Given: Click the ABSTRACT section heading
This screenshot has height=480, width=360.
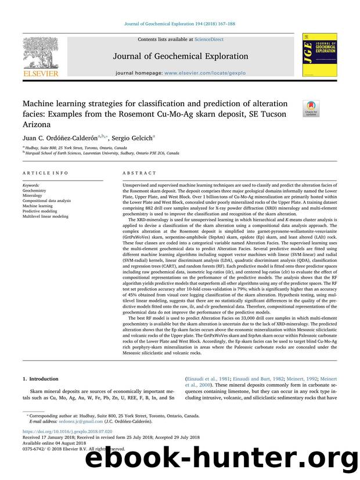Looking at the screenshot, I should click(x=139, y=173).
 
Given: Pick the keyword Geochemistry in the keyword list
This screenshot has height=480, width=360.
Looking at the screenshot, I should click(x=35, y=190).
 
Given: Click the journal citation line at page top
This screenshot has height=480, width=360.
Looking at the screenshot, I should click(x=179, y=23).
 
